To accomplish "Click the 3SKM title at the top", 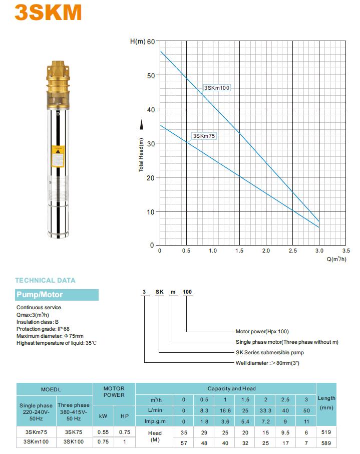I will (x=48, y=12).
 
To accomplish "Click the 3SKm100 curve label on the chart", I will (x=217, y=88).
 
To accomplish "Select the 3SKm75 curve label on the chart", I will (x=204, y=136).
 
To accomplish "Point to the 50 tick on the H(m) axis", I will (x=151, y=75).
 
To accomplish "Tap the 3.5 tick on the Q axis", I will (x=346, y=251).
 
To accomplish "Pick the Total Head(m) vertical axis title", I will (x=141, y=155).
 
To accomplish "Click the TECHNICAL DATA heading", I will (x=45, y=281).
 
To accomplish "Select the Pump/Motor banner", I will (x=57, y=295).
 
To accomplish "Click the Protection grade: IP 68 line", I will (x=43, y=329).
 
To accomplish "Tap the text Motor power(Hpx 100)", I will (x=262, y=331).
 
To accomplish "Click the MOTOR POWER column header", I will (x=114, y=392).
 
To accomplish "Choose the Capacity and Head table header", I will (x=232, y=388).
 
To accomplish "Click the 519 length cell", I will (x=326, y=431).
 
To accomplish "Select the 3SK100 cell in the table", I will (x=74, y=441).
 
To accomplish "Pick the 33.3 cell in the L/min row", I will (x=266, y=410).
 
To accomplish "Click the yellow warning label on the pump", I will (x=59, y=156).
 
